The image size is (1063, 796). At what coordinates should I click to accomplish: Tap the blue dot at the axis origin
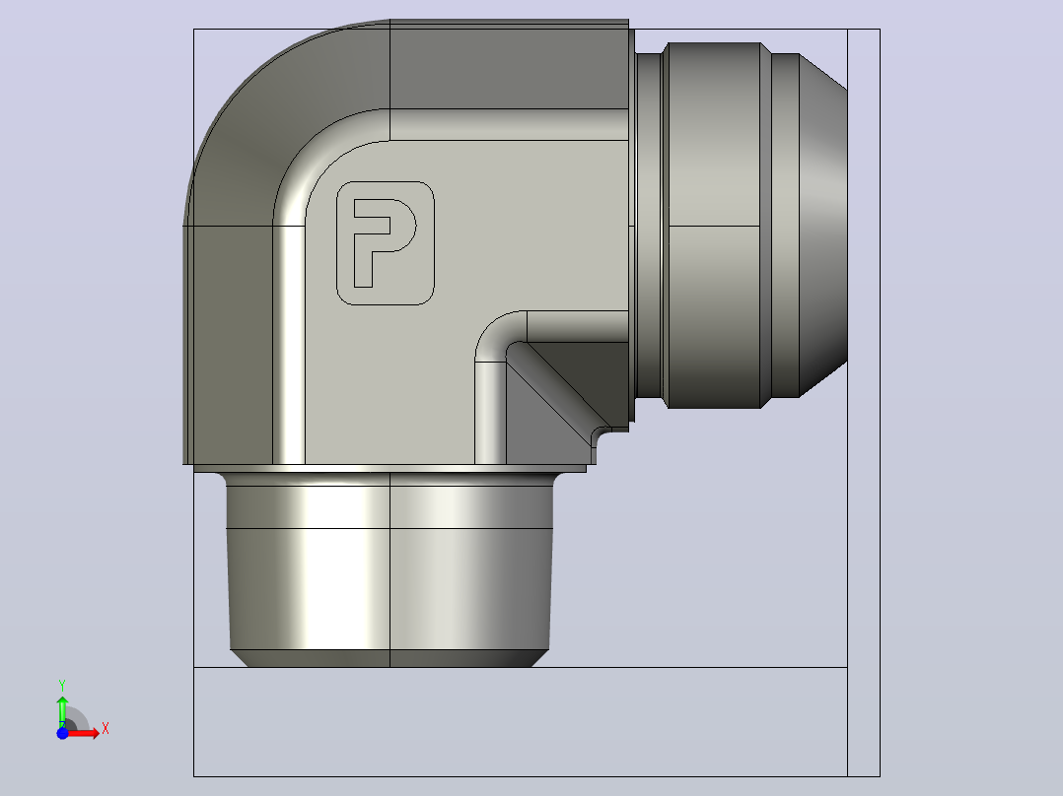point(62,733)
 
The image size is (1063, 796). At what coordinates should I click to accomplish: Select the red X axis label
point(106,729)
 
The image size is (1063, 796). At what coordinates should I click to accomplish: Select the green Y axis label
point(62,686)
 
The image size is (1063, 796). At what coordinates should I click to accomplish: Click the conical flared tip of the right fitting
point(823,225)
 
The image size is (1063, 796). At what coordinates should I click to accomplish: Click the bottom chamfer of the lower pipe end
point(390,658)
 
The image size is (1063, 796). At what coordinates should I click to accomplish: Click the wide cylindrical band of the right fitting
point(714,225)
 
